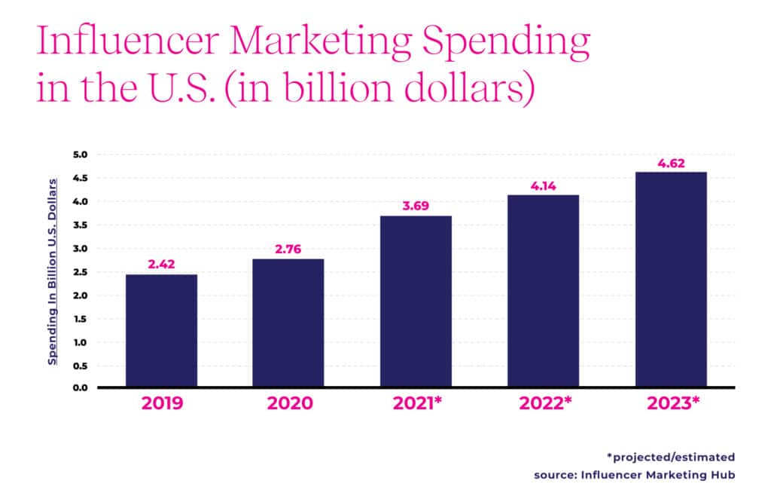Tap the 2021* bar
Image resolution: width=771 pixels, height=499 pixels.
pyautogui.click(x=416, y=302)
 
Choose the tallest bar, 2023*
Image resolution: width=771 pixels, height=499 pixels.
pyautogui.click(x=670, y=280)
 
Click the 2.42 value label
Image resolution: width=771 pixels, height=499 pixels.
pyautogui.click(x=161, y=265)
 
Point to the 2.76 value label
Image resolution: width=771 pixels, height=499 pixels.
pyautogui.click(x=288, y=249)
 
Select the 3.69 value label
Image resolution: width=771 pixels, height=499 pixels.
pyautogui.click(x=416, y=207)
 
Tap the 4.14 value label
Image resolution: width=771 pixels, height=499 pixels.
pyautogui.click(x=543, y=186)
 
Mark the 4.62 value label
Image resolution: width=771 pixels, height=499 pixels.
pyautogui.click(x=670, y=164)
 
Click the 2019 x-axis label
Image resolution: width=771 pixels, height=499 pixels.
pyautogui.click(x=161, y=404)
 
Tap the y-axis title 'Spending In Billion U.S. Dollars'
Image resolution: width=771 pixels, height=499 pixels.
pyautogui.click(x=53, y=271)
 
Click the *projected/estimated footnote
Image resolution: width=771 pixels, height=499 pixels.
pyautogui.click(x=670, y=457)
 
